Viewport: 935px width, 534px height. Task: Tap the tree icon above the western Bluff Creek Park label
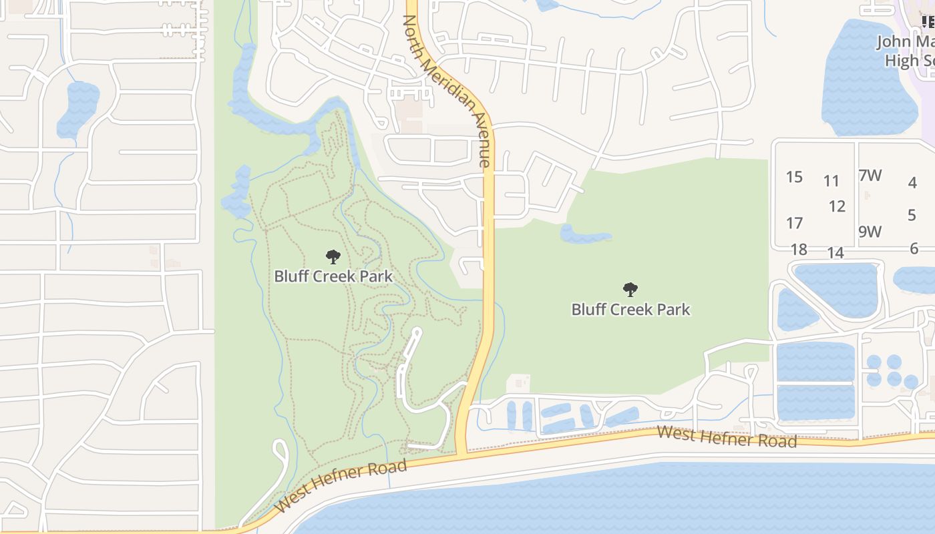pos(333,256)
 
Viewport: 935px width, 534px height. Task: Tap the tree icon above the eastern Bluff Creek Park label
pos(630,289)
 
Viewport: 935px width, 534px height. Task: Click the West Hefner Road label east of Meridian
pos(727,437)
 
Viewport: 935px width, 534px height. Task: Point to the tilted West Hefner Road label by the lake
pos(341,485)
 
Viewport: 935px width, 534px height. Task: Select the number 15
pos(794,177)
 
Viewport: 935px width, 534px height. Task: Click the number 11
pos(831,181)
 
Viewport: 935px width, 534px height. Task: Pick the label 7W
pos(870,176)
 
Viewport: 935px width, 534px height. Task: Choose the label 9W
pos(870,232)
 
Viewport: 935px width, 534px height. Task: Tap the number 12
pos(837,206)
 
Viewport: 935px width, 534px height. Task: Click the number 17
pos(794,222)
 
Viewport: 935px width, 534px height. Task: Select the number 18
pos(799,250)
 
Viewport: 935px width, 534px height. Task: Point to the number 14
pos(835,253)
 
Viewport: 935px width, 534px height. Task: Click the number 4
pos(912,182)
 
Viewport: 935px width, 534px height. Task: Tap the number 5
pos(912,215)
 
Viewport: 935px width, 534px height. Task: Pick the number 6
pos(914,248)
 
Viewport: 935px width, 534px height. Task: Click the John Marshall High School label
pos(905,51)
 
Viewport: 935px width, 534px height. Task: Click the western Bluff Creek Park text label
pos(333,276)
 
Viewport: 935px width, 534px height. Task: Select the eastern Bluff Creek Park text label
pos(630,309)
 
